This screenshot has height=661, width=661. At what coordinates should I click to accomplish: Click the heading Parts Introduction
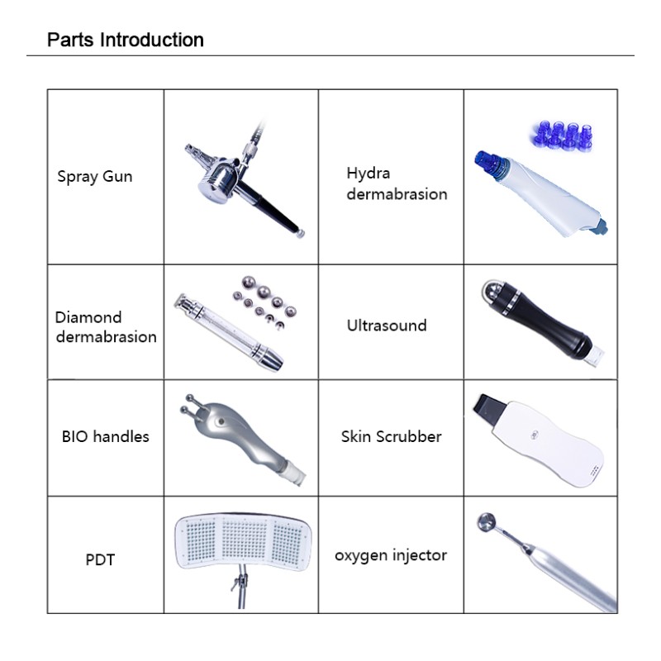pos(126,40)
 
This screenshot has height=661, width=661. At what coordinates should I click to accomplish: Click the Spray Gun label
pos(94,176)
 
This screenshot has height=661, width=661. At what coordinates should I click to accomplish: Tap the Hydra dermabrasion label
pos(397,184)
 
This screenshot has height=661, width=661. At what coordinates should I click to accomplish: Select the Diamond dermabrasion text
pos(105,326)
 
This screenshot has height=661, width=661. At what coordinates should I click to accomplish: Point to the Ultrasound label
pos(386,325)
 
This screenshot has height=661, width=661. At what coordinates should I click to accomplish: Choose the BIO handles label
pos(105,436)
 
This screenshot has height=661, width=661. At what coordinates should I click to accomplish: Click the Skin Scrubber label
pos(391,436)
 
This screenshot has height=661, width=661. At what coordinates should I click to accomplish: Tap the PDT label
pos(100,559)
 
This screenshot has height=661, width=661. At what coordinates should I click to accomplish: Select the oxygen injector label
pos(390,555)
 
